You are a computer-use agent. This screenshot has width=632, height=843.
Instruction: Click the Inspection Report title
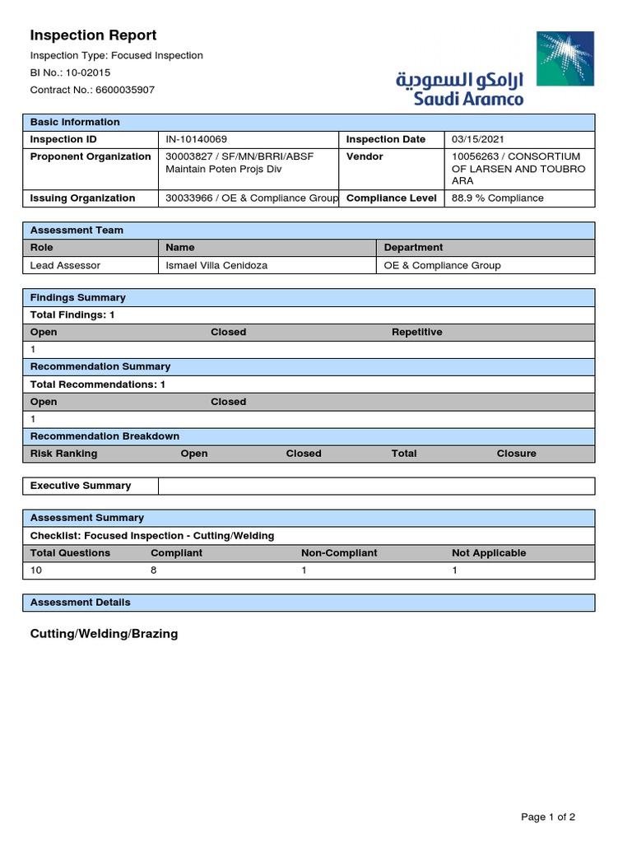click(93, 35)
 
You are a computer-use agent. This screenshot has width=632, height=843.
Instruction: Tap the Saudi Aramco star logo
click(565, 58)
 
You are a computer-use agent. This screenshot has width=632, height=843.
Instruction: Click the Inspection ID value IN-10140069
click(197, 139)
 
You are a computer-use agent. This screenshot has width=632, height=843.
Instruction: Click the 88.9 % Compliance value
click(498, 198)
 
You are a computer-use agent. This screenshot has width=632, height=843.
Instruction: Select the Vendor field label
click(365, 156)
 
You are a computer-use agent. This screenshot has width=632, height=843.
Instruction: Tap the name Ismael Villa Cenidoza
click(216, 265)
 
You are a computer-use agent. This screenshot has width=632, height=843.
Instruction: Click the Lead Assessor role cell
click(65, 265)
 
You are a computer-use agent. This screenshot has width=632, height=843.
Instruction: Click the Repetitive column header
click(416, 332)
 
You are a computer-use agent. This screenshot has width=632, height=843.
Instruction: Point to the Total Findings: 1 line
click(72, 314)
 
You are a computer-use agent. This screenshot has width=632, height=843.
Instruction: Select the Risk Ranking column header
click(63, 453)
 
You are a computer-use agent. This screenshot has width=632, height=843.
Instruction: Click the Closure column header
click(516, 453)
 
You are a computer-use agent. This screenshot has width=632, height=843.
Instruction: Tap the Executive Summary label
click(81, 486)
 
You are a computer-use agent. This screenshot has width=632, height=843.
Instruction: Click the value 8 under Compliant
click(154, 570)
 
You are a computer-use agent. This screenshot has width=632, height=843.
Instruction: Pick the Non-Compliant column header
click(339, 552)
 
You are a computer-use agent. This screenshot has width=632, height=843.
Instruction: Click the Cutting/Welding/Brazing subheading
click(104, 634)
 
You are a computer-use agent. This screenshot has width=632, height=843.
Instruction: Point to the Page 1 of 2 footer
click(548, 817)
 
